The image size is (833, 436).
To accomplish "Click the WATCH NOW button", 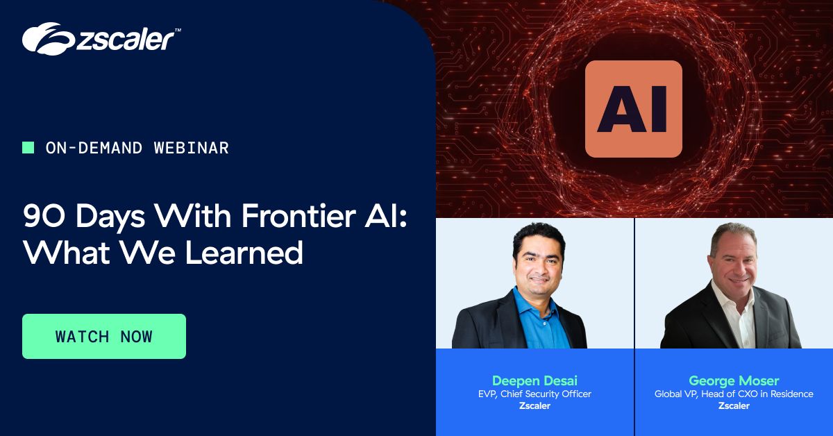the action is [x=104, y=336].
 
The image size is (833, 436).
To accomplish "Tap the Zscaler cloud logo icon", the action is [x=49, y=39].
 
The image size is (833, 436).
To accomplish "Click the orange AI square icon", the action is [x=634, y=109].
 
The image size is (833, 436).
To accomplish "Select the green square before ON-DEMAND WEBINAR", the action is [x=28, y=148].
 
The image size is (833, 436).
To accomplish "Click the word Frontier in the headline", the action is [x=298, y=216].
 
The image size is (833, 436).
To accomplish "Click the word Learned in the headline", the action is [x=244, y=253].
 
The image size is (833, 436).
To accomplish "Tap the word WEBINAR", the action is [x=192, y=148].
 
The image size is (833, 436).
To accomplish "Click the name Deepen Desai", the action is [x=535, y=380].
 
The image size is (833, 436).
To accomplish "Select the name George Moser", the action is [x=734, y=380].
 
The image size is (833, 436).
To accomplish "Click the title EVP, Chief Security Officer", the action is [x=535, y=394].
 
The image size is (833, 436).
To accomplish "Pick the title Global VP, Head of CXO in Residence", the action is [x=734, y=394].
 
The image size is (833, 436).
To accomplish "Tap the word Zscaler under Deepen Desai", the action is [x=535, y=406].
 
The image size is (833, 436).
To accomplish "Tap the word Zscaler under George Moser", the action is [x=734, y=406].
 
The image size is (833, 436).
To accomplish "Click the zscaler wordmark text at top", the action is [x=125, y=40].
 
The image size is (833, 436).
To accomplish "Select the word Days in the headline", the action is [x=110, y=217].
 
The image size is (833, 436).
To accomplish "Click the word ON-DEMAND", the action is [x=94, y=148].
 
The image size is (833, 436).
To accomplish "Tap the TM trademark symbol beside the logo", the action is [x=178, y=30].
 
